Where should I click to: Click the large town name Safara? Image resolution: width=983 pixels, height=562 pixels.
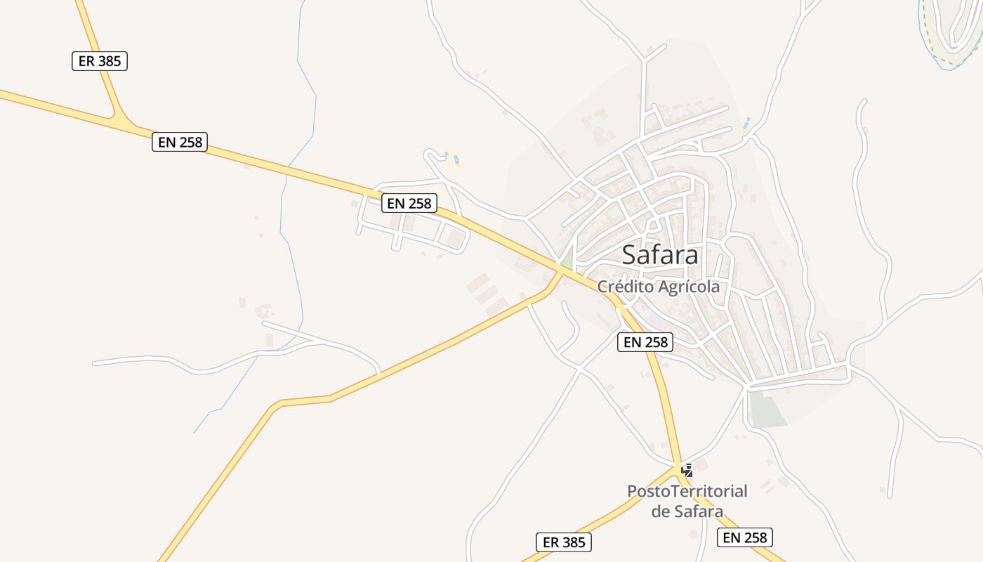(660, 255)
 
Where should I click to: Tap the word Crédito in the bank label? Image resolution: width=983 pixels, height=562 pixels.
(624, 287)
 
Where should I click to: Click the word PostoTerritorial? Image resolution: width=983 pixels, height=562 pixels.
(687, 490)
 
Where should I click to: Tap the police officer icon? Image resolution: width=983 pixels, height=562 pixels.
(687, 470)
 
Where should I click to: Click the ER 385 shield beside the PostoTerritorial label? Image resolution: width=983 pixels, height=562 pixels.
(564, 542)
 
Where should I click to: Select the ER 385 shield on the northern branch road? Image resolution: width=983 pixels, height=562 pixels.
(100, 61)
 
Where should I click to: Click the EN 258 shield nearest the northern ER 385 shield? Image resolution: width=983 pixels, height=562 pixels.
(180, 142)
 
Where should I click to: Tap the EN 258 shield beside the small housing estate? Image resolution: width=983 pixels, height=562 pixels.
(410, 204)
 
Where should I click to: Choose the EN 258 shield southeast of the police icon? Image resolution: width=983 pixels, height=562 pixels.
(745, 537)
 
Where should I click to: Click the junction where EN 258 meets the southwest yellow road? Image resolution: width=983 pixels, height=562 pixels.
(560, 271)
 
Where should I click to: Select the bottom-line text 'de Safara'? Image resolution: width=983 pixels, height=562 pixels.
(687, 511)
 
